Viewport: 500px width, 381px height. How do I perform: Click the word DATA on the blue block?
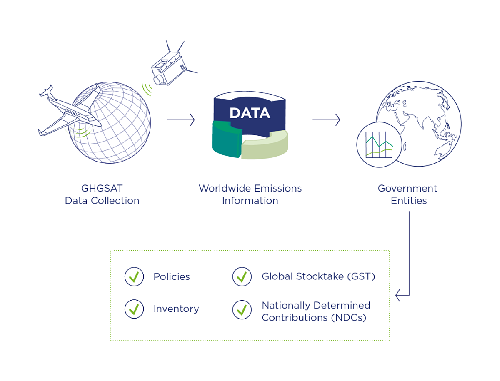pos(250,113)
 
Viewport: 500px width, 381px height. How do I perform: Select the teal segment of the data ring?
pos(226,139)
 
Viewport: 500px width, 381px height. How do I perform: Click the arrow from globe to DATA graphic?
pos(181,120)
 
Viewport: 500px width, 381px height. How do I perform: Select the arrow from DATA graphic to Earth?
pos(326,120)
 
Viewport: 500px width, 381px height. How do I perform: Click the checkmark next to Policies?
pos(134,277)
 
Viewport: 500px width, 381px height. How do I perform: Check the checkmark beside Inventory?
pos(134,309)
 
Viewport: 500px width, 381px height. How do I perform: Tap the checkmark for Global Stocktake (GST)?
pos(242,277)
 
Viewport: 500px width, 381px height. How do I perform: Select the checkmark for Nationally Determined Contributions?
pos(242,310)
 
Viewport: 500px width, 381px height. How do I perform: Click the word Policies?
pos(172,277)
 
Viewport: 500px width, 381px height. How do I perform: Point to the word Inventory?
pos(176,309)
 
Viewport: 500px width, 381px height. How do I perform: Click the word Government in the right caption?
pos(407,188)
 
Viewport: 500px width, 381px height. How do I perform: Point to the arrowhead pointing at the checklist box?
pos(397,296)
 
